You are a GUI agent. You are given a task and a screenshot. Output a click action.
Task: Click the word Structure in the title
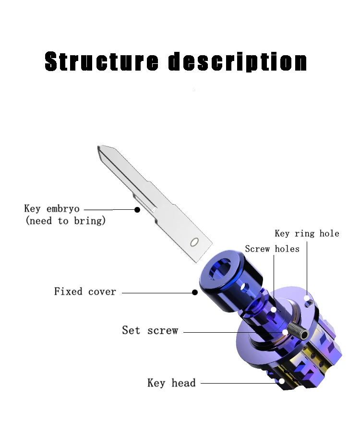point(101,62)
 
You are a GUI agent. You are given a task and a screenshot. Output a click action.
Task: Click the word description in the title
point(238,62)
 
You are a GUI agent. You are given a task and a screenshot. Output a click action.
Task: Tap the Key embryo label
point(52,209)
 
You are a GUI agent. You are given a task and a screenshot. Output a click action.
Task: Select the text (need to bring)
point(65,221)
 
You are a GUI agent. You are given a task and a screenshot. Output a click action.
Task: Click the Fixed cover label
point(85,291)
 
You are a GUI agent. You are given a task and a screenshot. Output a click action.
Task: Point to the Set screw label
point(150,330)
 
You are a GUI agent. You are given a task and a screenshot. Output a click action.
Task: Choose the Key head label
point(171,383)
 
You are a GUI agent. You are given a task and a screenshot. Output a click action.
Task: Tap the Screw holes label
point(272,249)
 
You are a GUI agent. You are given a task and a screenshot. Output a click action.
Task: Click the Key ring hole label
point(307,234)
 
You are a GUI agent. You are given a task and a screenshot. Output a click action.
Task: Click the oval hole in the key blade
point(194,241)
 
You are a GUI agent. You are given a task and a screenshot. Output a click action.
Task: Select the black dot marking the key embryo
point(137,210)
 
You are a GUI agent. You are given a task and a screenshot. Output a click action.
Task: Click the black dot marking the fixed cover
point(195,292)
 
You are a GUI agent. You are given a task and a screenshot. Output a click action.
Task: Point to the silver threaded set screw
point(295,331)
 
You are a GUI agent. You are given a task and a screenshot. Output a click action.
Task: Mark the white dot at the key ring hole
point(307,299)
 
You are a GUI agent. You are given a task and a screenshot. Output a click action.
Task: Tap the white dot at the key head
point(282,382)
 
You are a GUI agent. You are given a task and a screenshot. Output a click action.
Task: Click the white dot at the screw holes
point(274,310)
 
